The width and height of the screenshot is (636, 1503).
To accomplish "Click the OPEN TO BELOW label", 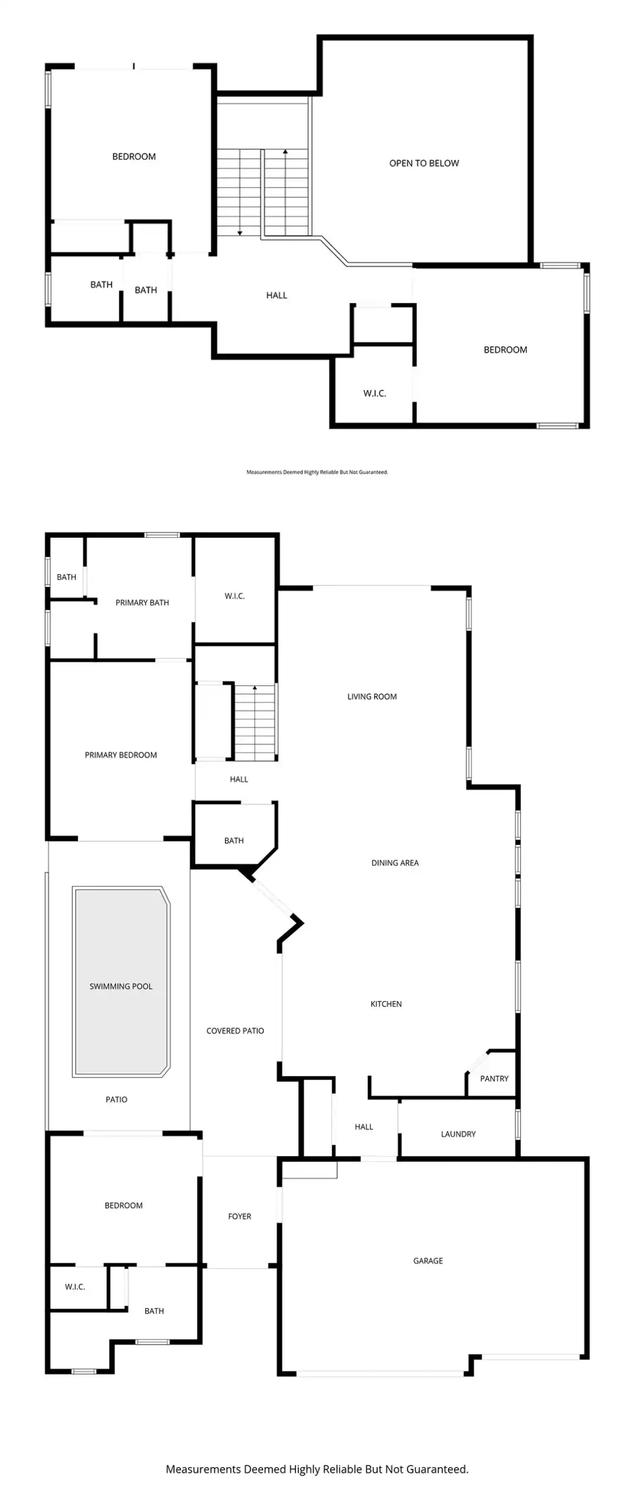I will [x=423, y=163].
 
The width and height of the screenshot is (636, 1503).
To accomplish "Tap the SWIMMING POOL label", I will [x=120, y=986].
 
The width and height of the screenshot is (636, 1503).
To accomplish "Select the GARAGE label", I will [x=428, y=1261].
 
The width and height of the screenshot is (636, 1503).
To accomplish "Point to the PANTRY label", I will [x=494, y=1079].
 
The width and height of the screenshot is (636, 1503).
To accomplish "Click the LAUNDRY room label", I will [x=458, y=1134].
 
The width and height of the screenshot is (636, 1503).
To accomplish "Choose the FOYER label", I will [x=239, y=1216].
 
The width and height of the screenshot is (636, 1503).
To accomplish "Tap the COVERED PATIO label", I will [x=235, y=1030].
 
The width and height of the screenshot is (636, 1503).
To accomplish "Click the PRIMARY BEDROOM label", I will [x=120, y=755].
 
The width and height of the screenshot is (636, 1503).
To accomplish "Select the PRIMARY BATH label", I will [x=142, y=602].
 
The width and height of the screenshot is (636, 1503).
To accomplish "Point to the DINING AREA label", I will [x=395, y=862].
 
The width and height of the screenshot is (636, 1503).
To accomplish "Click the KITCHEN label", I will [x=386, y=1004].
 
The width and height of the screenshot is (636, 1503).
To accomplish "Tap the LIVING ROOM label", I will [x=372, y=696].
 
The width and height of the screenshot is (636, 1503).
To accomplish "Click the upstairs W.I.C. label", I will [x=374, y=393].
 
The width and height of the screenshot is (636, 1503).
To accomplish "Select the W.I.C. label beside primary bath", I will [x=234, y=596].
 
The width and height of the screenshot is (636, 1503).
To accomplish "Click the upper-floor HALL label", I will [x=277, y=295].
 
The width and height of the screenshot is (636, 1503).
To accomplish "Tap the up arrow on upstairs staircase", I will [x=285, y=152].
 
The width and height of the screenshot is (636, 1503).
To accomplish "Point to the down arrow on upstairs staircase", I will [x=240, y=233].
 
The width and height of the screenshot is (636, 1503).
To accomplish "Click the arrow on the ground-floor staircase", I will [x=255, y=688].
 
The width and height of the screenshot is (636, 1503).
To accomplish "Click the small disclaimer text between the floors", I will [x=317, y=472].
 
